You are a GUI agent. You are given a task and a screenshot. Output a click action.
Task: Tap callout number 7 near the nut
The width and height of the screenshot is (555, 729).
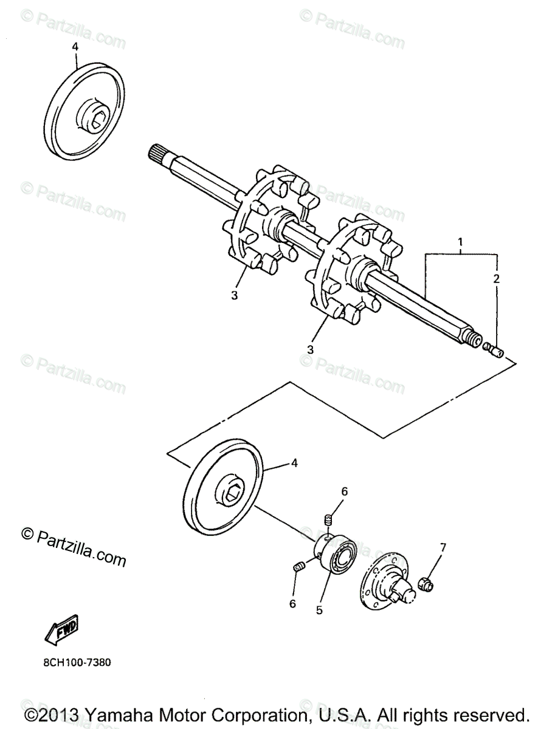click(x=443, y=547)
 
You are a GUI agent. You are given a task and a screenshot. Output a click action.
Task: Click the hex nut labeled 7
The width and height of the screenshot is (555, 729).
click(x=426, y=585)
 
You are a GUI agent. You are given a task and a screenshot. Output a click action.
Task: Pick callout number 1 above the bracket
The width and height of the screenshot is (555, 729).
click(x=460, y=243)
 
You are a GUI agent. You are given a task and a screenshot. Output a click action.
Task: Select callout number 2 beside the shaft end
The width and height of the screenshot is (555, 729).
click(x=497, y=279)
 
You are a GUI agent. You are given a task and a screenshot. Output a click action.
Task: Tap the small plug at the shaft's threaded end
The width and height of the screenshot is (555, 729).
click(x=494, y=350)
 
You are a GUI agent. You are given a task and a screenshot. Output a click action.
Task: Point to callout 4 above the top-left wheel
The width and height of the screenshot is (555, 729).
click(x=75, y=46)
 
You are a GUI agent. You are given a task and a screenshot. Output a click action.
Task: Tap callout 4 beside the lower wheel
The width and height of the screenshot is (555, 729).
click(x=294, y=463)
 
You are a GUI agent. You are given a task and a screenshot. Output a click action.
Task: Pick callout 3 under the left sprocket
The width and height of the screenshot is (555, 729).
click(x=234, y=295)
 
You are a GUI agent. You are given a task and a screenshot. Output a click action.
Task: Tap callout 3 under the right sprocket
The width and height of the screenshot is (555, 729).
click(x=311, y=349)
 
